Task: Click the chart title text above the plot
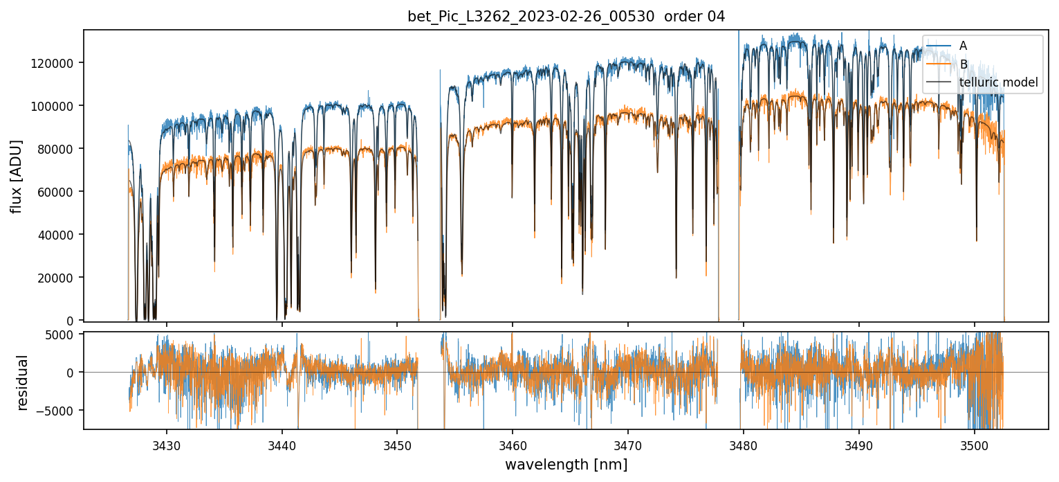pos(566,17)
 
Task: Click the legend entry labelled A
pos(963,46)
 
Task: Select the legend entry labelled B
pos(963,64)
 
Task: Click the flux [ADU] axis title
pos(16,176)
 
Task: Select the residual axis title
pos(23,382)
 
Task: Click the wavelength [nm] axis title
pos(566,465)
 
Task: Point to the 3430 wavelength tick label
pos(167,445)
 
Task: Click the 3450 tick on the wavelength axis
pos(397,445)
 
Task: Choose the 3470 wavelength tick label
pos(628,445)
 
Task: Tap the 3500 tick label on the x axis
pos(974,445)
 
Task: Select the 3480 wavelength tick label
pos(744,445)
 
